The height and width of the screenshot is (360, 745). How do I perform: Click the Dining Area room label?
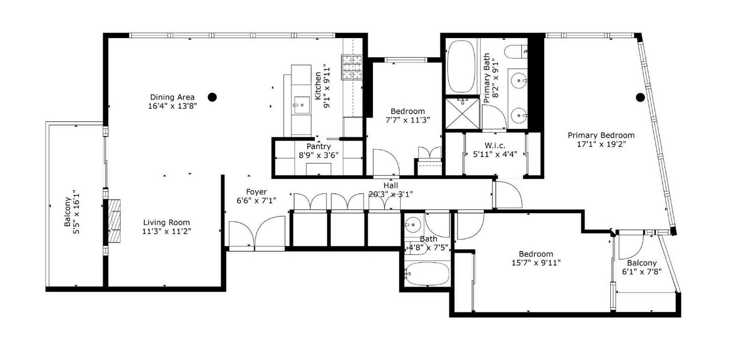pos(172,97)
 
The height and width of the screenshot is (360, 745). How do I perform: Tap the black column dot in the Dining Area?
pos(212,97)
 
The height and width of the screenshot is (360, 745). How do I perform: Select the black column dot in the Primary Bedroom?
pos(640,97)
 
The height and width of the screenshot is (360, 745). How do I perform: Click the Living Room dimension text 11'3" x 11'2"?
pos(167,232)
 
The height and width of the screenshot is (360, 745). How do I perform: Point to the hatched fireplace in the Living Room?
pos(114,221)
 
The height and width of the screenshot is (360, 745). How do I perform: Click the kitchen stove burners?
pos(352,67)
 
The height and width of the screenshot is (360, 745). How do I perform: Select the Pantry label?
pos(319,147)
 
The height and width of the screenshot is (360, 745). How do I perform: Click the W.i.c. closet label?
pos(495,145)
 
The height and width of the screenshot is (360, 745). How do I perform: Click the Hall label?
pos(391,186)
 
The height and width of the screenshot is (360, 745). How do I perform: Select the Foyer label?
pos(256,192)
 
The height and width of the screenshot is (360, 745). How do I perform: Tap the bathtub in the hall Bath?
pos(427,275)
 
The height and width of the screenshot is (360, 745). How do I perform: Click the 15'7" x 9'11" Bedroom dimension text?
pos(536,263)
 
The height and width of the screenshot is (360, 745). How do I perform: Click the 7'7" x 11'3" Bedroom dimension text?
pos(407,120)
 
